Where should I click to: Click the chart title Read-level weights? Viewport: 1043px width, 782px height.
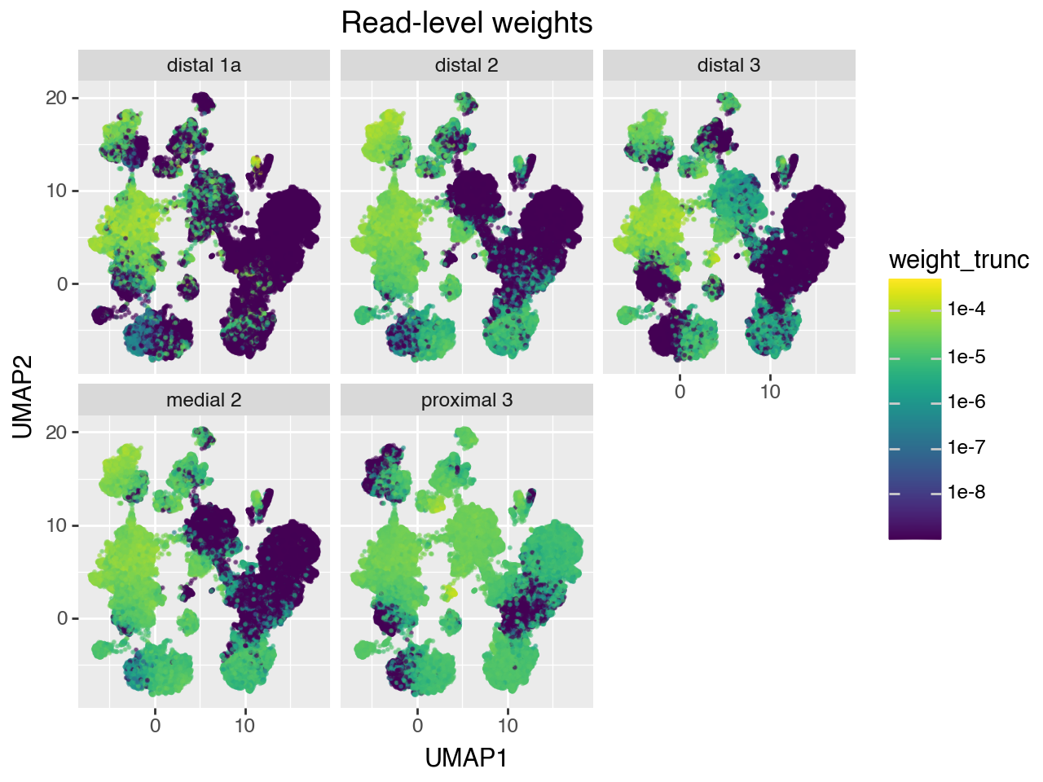point(467,23)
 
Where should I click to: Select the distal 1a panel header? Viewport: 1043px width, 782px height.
point(204,66)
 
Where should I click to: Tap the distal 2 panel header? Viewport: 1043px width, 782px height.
point(466,66)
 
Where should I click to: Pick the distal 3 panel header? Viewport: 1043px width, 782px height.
point(728,66)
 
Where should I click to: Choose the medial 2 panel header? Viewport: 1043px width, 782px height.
point(204,401)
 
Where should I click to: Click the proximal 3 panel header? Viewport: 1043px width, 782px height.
point(466,401)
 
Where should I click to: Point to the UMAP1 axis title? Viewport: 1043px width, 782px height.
point(466,758)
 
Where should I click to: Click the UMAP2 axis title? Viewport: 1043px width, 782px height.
point(24,397)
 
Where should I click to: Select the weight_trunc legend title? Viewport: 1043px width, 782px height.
point(958,260)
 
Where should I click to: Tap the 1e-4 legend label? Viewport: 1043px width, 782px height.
point(966,310)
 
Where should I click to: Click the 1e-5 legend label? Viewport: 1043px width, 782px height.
point(966,357)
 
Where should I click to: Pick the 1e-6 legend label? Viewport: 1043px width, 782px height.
point(966,402)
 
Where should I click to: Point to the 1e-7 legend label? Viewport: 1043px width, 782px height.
point(966,447)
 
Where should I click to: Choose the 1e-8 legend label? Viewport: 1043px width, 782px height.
point(966,493)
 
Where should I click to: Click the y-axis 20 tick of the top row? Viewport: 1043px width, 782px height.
point(56,99)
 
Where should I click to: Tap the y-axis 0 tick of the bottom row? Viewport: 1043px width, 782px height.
point(62,619)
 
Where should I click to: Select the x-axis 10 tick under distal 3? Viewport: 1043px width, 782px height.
point(770,392)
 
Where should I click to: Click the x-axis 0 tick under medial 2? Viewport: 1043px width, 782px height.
point(155,726)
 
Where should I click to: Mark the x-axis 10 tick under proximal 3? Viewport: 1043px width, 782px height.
point(508,726)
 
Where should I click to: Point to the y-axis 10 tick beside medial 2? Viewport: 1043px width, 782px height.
point(56,526)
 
